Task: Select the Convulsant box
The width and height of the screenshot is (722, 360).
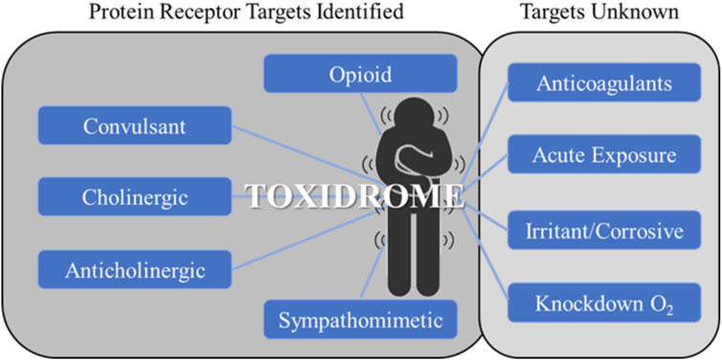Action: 134,126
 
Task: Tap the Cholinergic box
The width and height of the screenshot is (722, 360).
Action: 134,196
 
